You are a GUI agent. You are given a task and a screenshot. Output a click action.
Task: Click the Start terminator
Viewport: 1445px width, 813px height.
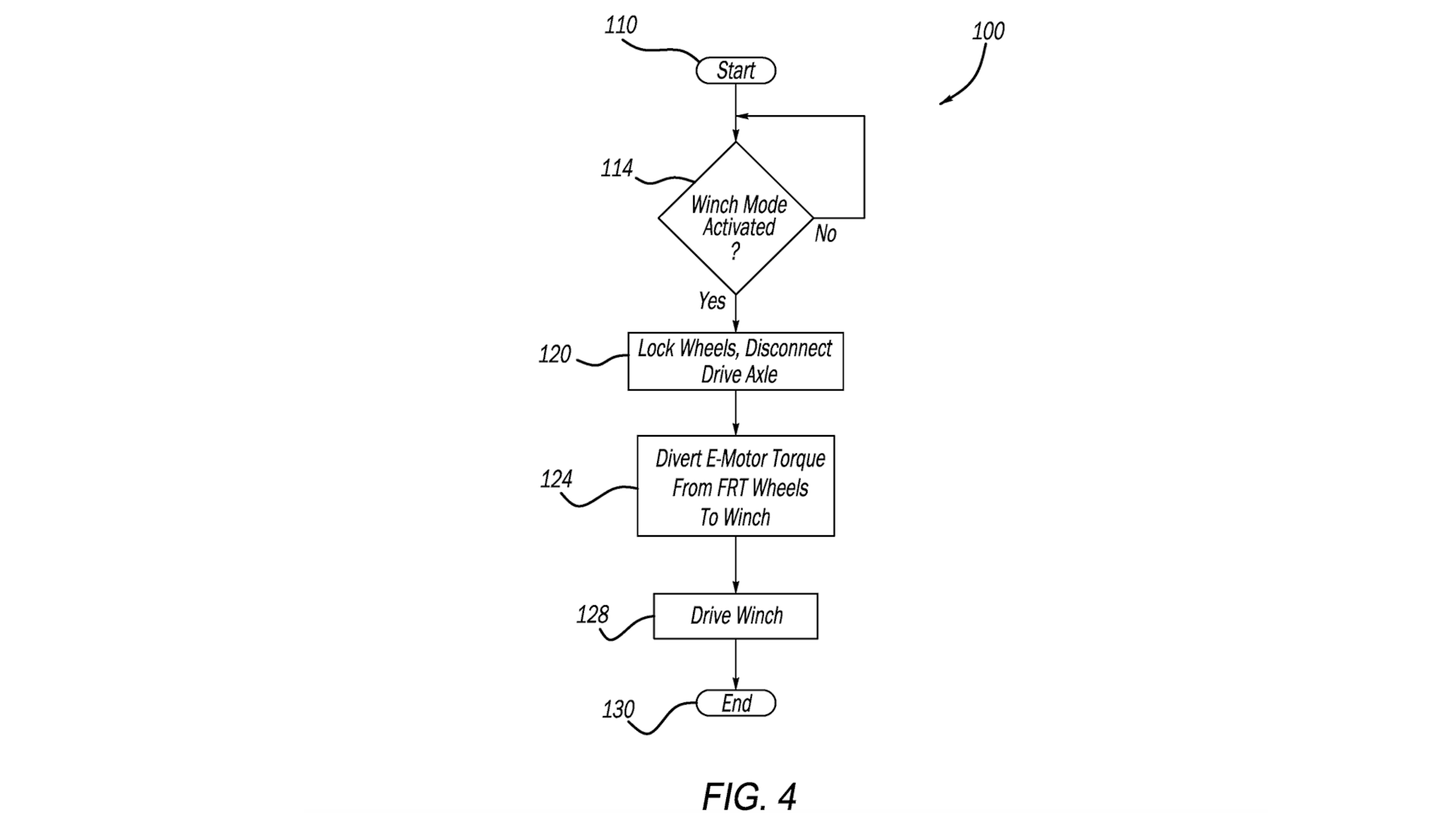pos(735,71)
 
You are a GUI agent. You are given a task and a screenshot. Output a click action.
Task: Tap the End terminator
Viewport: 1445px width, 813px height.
pos(735,703)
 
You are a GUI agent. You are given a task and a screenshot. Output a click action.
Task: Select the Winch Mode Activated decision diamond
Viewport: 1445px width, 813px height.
pos(735,218)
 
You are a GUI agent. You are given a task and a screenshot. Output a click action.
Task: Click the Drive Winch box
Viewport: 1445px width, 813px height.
pos(735,617)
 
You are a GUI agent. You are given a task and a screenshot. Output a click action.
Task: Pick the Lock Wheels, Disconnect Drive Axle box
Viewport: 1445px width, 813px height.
pos(735,361)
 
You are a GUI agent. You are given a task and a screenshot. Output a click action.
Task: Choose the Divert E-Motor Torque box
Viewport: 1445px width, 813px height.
pos(735,486)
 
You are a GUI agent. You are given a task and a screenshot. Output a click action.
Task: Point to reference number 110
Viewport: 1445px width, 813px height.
pos(621,25)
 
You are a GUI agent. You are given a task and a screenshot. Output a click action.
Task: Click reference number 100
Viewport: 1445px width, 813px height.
pos(988,31)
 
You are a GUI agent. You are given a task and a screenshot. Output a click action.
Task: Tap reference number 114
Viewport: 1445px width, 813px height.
pos(617,168)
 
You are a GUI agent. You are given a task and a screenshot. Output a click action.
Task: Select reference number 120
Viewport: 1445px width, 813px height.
pos(555,354)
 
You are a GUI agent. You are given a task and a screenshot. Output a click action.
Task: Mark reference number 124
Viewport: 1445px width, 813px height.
pos(556,479)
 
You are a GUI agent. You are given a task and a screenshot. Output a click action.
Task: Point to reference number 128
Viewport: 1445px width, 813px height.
pos(592,615)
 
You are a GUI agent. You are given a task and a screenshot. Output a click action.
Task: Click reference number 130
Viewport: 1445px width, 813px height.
pos(619,709)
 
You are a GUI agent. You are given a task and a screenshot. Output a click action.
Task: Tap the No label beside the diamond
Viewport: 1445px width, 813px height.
pos(826,234)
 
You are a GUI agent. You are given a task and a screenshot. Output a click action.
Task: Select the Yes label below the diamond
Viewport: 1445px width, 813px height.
pos(712,301)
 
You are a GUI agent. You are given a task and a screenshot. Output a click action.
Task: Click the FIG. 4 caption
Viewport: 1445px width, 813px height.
pos(749,796)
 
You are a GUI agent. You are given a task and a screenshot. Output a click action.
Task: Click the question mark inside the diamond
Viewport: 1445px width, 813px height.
pos(735,251)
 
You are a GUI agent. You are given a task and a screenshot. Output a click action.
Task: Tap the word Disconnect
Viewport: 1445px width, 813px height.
pos(789,349)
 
